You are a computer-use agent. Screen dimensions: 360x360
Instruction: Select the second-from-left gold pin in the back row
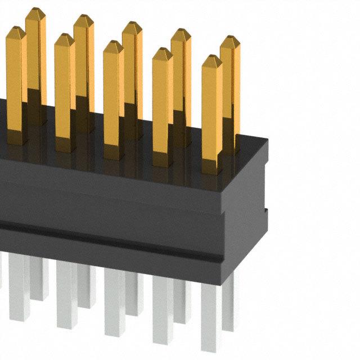[84, 56]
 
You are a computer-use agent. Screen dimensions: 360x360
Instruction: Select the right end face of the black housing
[247, 214]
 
